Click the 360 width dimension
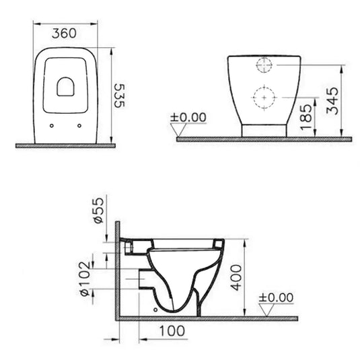click(x=63, y=32)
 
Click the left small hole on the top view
click(x=51, y=124)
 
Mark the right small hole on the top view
click(x=80, y=124)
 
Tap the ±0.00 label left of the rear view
click(x=188, y=117)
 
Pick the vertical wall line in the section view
click(x=118, y=269)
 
